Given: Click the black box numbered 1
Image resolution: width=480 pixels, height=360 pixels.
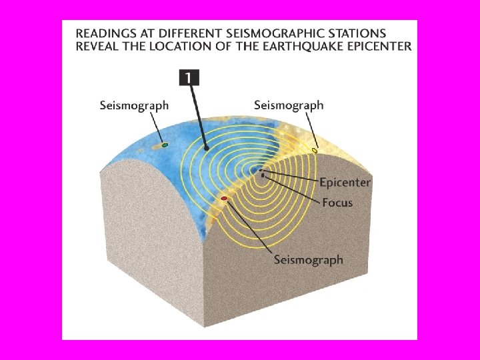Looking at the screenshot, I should [189, 78].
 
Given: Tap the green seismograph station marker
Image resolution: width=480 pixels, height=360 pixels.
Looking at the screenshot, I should [165, 144].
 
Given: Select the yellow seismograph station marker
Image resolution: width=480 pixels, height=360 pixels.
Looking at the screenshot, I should [315, 151].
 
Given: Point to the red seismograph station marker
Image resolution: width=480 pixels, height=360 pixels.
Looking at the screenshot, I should [224, 199].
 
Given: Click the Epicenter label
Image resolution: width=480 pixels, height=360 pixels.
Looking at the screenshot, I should [345, 182].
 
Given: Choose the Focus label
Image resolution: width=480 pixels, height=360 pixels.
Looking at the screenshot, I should [337, 202].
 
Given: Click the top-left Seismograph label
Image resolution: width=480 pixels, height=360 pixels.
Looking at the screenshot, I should [134, 105].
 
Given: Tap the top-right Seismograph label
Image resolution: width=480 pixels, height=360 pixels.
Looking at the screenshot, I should [289, 105].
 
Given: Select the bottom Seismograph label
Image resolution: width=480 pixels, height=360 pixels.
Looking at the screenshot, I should [308, 259].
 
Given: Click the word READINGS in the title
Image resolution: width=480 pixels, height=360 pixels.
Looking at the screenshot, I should [104, 32].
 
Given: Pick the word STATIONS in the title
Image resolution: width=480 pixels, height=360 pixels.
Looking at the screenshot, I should [357, 32].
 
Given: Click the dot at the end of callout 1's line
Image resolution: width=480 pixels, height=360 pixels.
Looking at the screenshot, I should [207, 148].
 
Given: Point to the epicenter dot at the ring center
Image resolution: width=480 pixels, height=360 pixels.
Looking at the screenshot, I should [261, 171].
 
